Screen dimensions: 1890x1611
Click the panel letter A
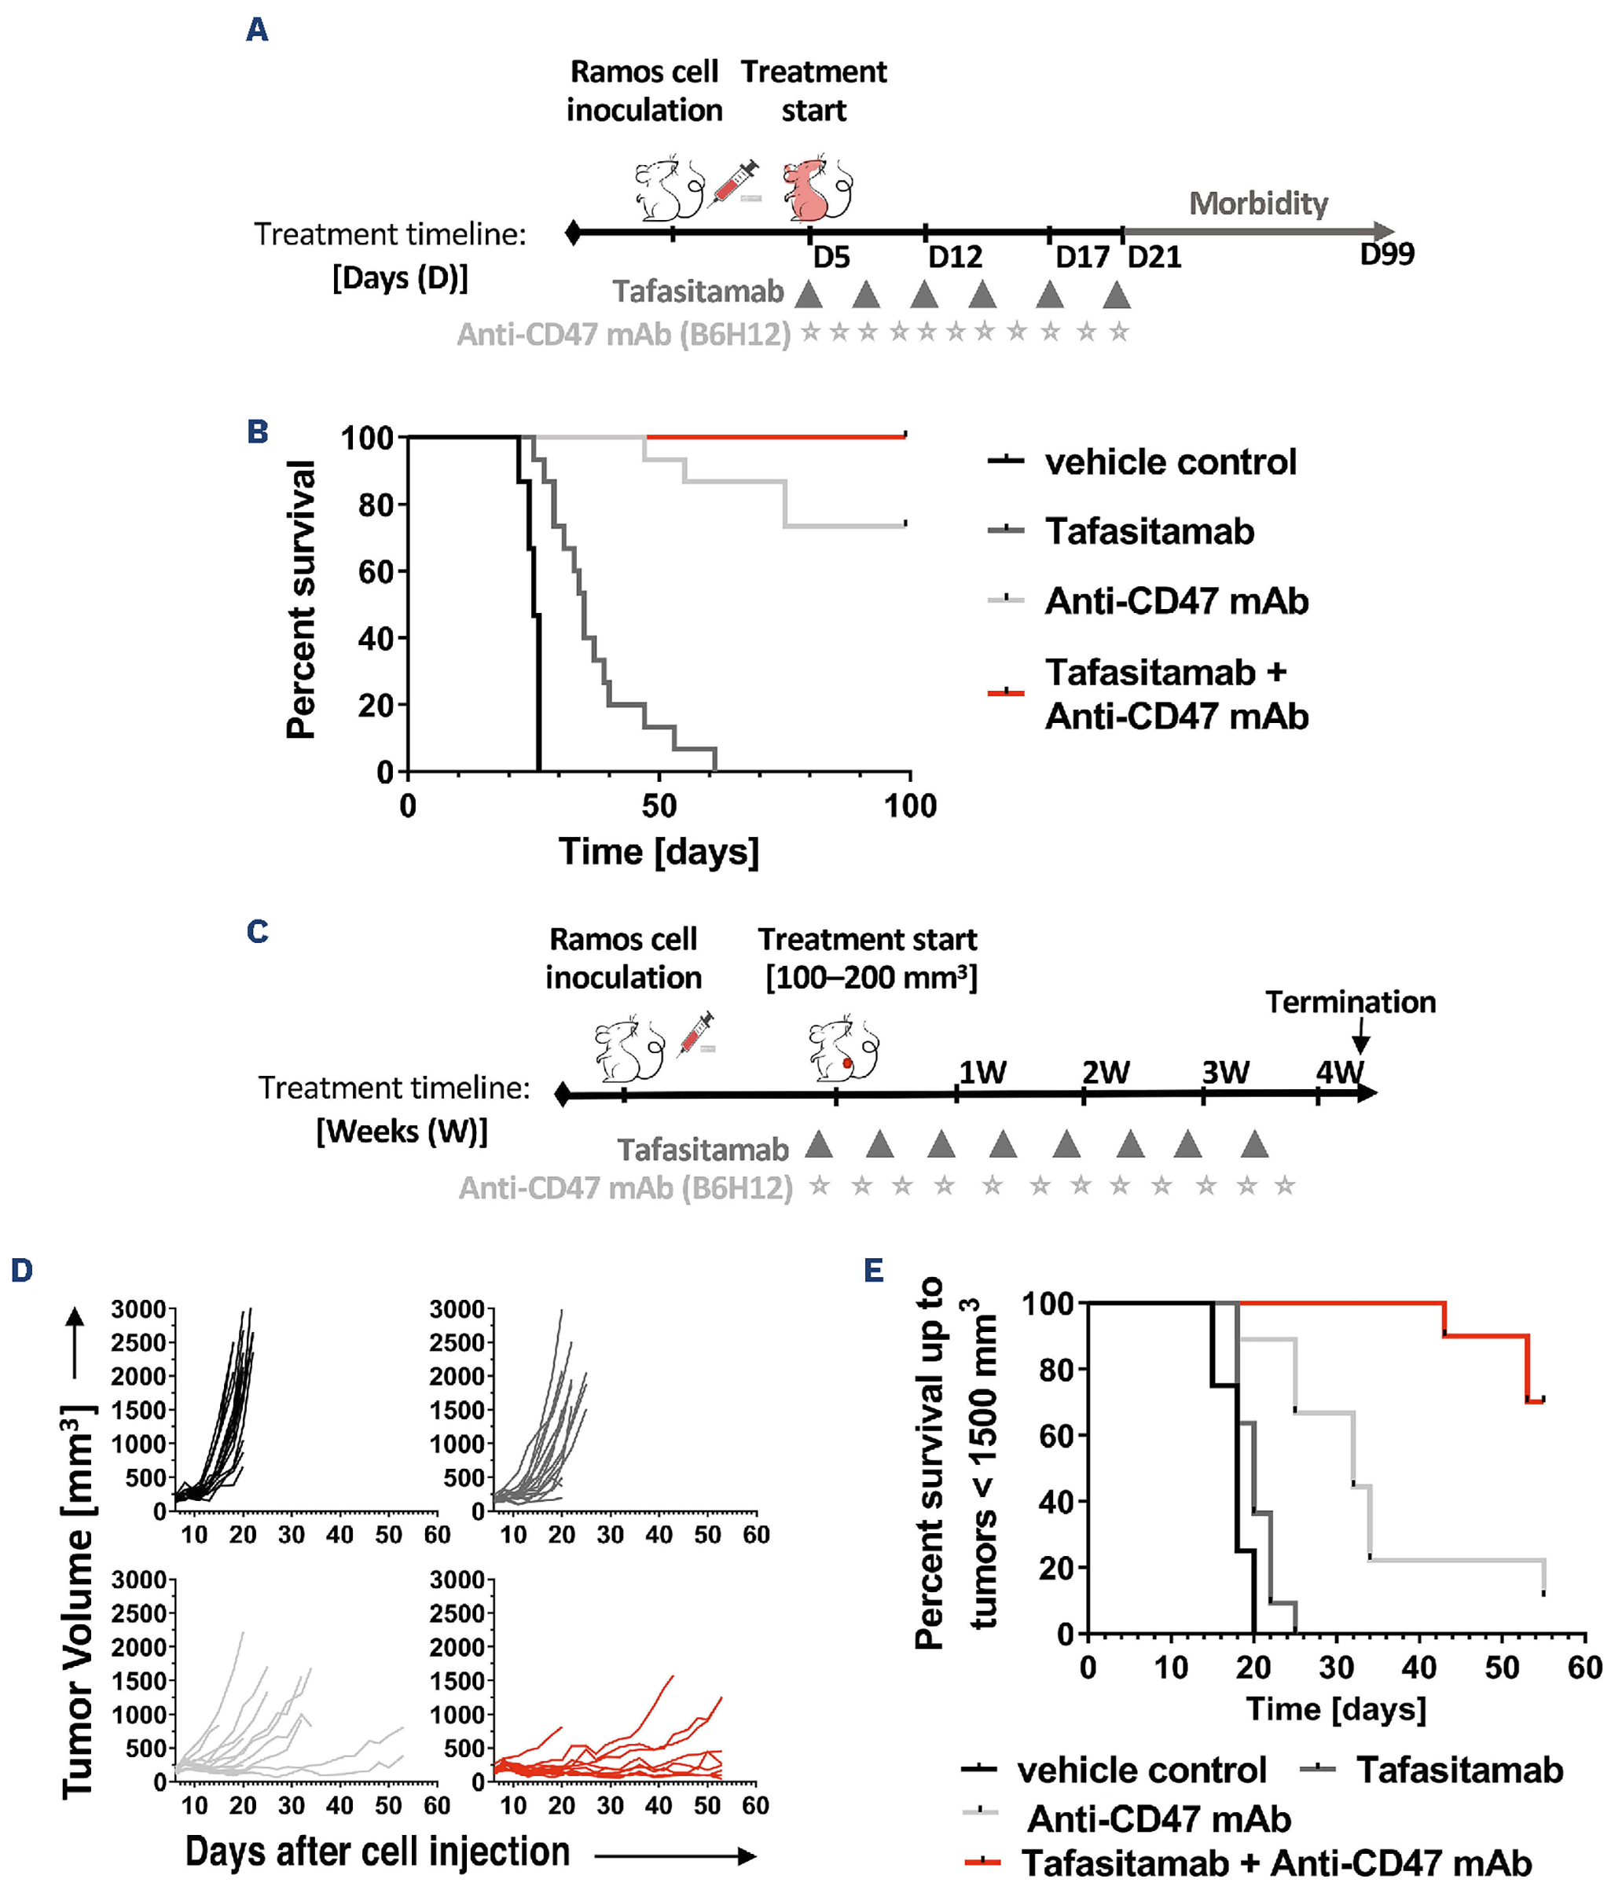(x=257, y=30)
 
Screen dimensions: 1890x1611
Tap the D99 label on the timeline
(x=1385, y=254)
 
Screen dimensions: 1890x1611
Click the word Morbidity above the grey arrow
(x=1258, y=204)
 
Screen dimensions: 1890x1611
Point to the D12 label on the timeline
(x=955, y=257)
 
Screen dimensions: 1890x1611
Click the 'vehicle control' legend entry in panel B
(x=1170, y=461)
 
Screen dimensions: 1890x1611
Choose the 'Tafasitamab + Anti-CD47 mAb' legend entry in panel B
(x=1176, y=694)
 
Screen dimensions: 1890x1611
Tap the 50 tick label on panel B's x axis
(x=659, y=806)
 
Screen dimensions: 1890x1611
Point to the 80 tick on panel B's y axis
(x=375, y=505)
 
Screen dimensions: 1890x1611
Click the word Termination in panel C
(x=1350, y=1001)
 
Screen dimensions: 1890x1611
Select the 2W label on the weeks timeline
(x=1106, y=1072)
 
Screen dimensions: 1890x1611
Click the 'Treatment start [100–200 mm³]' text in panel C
(x=868, y=958)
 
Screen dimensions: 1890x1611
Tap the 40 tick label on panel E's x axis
(x=1418, y=1668)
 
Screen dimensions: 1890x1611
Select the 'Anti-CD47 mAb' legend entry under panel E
(x=1158, y=1818)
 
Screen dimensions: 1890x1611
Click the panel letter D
(x=22, y=1270)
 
